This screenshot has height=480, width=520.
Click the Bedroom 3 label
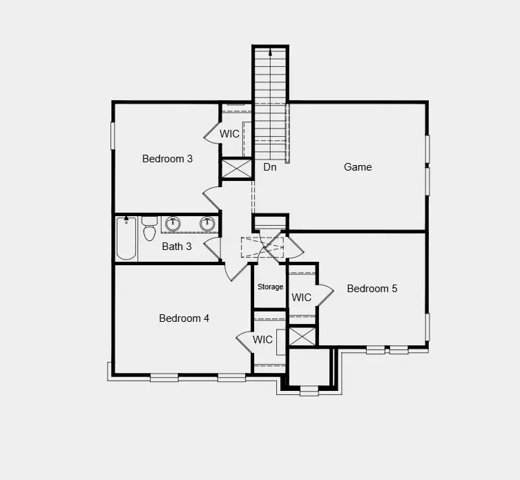click(x=167, y=159)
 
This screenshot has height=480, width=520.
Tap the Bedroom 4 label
click(x=184, y=318)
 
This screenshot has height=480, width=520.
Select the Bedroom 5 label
click(x=372, y=289)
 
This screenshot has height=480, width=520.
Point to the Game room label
click(x=358, y=167)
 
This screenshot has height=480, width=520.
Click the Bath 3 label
click(x=177, y=246)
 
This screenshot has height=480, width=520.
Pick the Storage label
click(x=271, y=287)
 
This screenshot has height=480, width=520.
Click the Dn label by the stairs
click(x=270, y=167)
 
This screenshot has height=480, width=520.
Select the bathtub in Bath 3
click(x=126, y=238)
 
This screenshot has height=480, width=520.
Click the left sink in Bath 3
click(x=173, y=224)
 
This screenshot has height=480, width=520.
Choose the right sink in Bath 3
click(x=206, y=224)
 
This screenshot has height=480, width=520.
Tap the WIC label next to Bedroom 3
click(x=230, y=133)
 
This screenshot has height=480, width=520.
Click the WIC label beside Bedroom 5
click(x=302, y=298)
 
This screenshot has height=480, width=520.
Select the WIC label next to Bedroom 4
click(x=262, y=340)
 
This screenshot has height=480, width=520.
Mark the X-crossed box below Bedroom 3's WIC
click(x=236, y=169)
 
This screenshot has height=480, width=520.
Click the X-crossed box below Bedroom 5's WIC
click(x=302, y=336)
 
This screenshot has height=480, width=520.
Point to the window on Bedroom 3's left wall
click(x=112, y=135)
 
